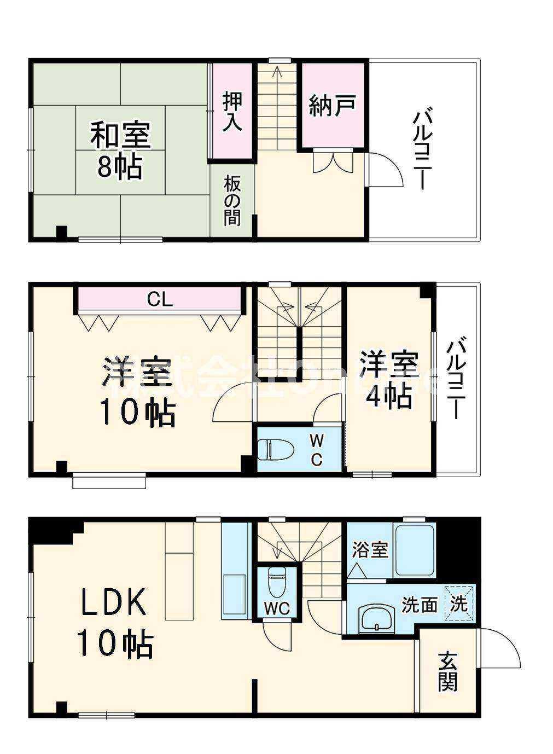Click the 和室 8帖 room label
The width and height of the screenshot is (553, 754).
pos(120,151)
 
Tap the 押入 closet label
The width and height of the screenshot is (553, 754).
pos(232,112)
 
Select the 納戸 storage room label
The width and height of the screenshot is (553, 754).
pos(333,106)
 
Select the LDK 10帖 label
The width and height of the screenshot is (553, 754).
pos(114,622)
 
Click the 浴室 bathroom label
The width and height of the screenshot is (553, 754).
pos(370,549)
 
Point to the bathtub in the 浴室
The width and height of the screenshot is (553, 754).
pos(415,550)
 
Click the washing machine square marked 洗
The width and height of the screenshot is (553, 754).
pos(458,604)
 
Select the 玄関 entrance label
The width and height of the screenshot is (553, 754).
pos(447,671)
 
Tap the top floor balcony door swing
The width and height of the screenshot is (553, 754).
pos(386,170)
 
